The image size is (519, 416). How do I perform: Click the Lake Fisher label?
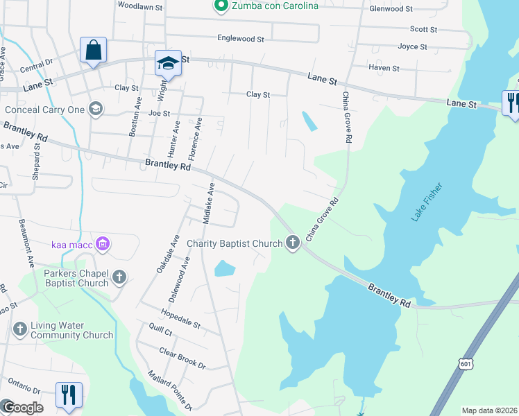(426, 202)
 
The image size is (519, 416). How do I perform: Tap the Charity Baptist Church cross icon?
(293, 243)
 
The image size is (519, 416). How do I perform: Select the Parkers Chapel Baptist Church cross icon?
(119, 277)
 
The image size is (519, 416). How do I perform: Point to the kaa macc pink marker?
(103, 243)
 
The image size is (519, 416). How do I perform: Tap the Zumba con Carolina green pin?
(221, 6)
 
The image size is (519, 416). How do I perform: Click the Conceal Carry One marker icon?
(95, 109)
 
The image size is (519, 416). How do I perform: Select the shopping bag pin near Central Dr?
(93, 51)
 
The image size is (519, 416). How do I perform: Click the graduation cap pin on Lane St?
(167, 63)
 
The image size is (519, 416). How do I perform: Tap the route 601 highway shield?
(465, 363)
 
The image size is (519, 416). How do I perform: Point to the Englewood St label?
(241, 40)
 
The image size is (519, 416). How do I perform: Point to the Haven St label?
(384, 68)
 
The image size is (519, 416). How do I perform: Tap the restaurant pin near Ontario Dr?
(69, 395)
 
